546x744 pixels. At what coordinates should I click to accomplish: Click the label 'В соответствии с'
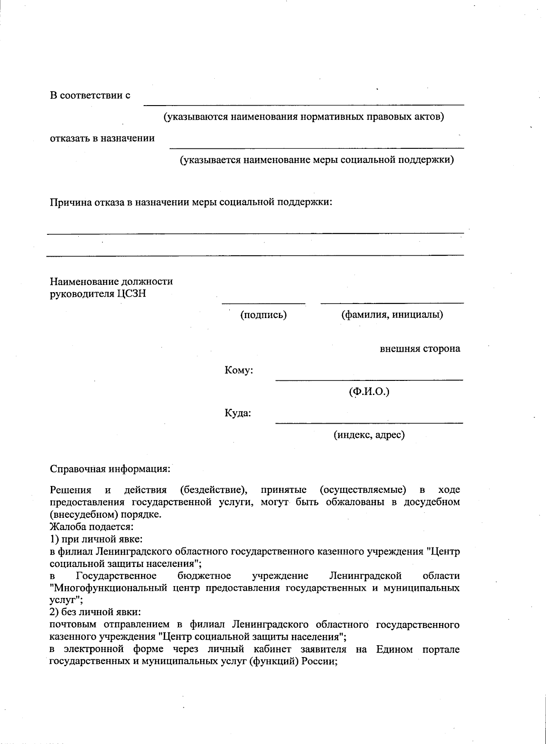pyautogui.click(x=90, y=96)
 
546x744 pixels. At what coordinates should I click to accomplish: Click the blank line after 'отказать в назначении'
pyautogui.click(x=316, y=147)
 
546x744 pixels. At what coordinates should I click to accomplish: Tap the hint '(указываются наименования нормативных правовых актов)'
pyautogui.click(x=303, y=117)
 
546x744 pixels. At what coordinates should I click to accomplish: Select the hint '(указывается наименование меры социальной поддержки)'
pyautogui.click(x=316, y=160)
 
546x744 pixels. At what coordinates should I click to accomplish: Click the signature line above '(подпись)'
pyautogui.click(x=263, y=303)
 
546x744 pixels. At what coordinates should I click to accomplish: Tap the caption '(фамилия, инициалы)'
pyautogui.click(x=392, y=314)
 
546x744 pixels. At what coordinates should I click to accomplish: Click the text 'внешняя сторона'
pyautogui.click(x=420, y=349)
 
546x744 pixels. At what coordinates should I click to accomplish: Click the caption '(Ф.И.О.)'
pyautogui.click(x=369, y=392)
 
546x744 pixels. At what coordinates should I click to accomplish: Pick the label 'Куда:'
pyautogui.click(x=238, y=414)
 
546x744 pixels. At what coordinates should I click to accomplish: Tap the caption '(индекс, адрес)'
pyautogui.click(x=369, y=435)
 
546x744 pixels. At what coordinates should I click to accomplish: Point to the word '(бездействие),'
pyautogui.click(x=213, y=490)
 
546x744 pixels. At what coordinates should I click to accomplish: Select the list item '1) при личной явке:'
pyautogui.click(x=96, y=539)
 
